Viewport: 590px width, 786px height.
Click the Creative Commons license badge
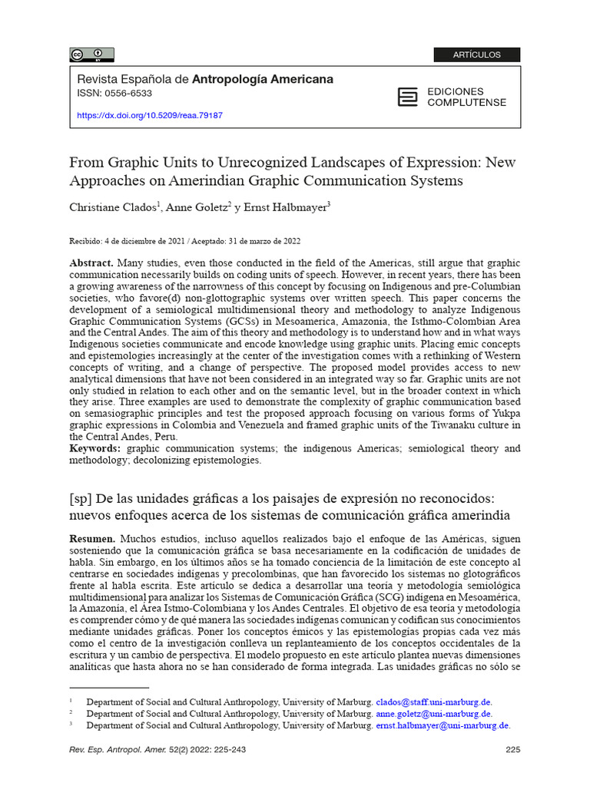(x=92, y=54)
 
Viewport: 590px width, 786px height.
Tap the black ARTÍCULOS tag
(x=476, y=54)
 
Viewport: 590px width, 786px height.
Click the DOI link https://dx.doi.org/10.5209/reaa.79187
(x=150, y=116)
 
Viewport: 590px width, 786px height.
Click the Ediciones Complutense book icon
(x=408, y=97)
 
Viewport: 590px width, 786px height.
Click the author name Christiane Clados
(x=114, y=208)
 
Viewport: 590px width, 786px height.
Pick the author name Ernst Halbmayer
(x=288, y=208)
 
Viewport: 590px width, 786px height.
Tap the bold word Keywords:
(x=95, y=448)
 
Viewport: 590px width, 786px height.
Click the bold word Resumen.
(x=92, y=540)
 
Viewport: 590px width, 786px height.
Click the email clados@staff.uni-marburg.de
(x=433, y=702)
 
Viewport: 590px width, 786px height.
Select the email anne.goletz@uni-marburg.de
(x=433, y=714)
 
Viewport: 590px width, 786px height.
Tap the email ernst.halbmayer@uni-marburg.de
(x=442, y=725)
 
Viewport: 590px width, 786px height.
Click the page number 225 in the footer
(x=513, y=750)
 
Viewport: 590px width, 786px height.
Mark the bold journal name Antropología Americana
(x=262, y=79)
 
